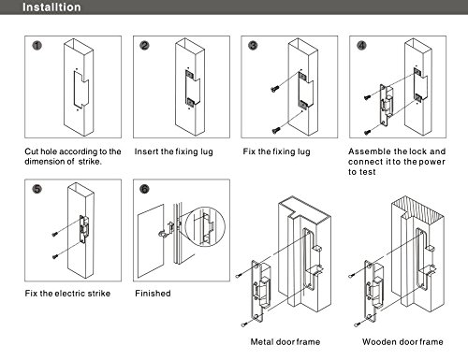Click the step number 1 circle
[37, 46]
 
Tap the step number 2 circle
[144, 46]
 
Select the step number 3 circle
[253, 46]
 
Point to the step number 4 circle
[361, 46]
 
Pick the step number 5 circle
[37, 189]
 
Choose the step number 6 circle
[144, 189]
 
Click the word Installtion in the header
[51, 7]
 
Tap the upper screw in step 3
[274, 89]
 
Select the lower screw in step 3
[276, 130]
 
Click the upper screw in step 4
[367, 97]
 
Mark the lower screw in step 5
[55, 257]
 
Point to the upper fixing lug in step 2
[189, 74]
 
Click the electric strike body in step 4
[386, 105]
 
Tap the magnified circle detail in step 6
[205, 226]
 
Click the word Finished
[153, 294]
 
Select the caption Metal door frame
[285, 342]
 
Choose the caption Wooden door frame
[402, 342]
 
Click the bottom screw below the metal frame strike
[244, 324]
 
